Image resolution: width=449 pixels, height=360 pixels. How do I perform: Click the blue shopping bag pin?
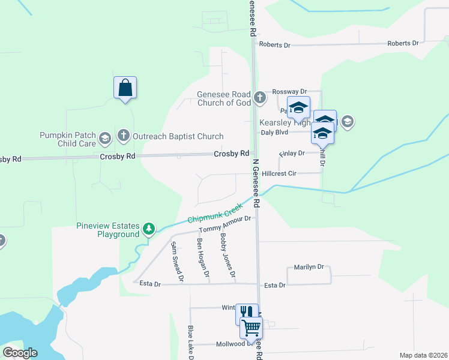coord(125,88)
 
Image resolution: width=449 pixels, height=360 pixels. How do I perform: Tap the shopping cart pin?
coord(251,328)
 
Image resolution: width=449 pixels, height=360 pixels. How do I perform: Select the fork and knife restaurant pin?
coord(246,313)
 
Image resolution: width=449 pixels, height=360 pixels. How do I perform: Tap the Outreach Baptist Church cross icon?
coord(124,136)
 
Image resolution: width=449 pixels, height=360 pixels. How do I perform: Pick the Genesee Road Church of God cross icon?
coord(259,97)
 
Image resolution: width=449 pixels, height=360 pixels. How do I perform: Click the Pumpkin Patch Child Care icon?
coord(105,139)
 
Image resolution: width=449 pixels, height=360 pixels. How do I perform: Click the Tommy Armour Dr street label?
coord(224,225)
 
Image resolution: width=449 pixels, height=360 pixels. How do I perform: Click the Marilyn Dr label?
coord(309,267)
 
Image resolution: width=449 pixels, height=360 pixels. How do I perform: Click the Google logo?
coord(20,353)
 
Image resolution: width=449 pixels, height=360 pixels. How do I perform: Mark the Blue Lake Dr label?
coord(190,342)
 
